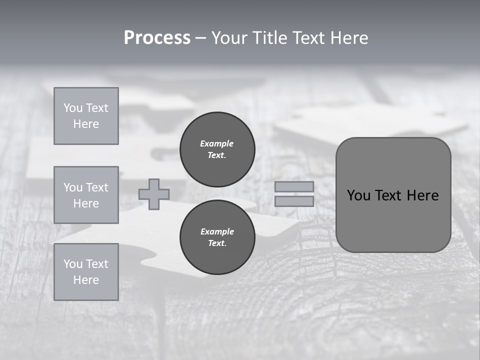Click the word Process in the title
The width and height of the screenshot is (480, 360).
coord(157,38)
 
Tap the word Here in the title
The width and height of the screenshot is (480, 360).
coord(348,38)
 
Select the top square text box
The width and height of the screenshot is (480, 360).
coord(86,116)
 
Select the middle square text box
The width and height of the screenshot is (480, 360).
coord(86,195)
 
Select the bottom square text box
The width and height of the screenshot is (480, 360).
coord(86,272)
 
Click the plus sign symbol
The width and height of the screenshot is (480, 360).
coord(154,194)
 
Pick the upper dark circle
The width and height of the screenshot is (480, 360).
coord(217,149)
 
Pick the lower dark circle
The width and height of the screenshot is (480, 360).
coord(217,237)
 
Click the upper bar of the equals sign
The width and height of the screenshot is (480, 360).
coord(294,186)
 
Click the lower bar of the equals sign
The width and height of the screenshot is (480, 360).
coord(294,201)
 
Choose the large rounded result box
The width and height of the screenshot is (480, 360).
coord(393,195)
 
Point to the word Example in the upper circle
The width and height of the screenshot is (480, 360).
coord(217,143)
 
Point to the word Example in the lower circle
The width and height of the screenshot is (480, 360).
coord(217,231)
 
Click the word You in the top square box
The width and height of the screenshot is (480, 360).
coord(72,108)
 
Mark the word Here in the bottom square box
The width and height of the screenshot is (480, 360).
coord(86,280)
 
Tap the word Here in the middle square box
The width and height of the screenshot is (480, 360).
coord(86,203)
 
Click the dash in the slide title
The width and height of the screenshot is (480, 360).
coord(200,38)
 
